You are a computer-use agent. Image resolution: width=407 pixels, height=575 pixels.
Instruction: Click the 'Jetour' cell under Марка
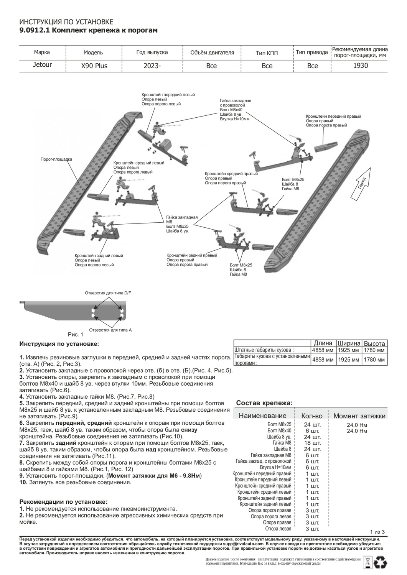click(x=42, y=65)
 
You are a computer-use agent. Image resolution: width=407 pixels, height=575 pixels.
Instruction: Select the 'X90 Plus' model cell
click(x=94, y=66)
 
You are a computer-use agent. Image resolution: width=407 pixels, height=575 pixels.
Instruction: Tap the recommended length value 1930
click(x=360, y=66)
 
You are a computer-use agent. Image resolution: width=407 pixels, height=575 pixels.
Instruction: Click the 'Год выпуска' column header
click(x=152, y=52)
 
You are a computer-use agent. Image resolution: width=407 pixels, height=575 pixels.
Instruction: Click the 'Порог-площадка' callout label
click(x=56, y=159)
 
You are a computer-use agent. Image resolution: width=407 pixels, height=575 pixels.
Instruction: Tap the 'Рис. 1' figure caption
click(x=76, y=335)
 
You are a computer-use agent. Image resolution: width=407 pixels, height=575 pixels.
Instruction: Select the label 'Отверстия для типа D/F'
click(x=108, y=293)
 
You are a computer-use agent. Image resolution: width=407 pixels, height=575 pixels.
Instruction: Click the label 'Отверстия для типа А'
click(x=110, y=330)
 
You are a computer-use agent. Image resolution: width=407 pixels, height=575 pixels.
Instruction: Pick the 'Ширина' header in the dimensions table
click(x=349, y=343)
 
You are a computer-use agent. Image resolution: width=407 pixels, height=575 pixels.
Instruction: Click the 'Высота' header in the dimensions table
click(x=374, y=343)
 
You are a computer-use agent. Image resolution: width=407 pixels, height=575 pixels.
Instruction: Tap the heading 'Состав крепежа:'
click(x=264, y=403)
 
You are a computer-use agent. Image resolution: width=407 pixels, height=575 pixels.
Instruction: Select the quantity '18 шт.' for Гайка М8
click(x=312, y=443)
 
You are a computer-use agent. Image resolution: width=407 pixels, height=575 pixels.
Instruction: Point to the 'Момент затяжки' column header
click(x=359, y=416)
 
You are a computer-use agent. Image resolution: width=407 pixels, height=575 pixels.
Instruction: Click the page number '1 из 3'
click(x=377, y=532)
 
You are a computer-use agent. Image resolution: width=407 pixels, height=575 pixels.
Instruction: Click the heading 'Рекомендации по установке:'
click(x=63, y=502)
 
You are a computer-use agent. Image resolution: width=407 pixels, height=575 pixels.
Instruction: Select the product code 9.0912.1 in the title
click(x=34, y=30)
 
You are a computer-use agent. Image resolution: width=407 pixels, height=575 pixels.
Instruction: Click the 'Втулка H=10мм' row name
click(x=275, y=468)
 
